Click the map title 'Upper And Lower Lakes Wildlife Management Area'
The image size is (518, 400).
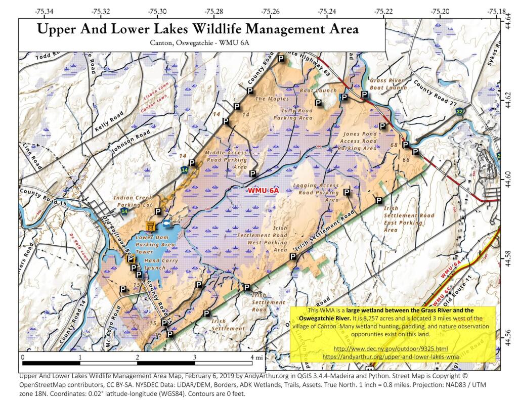198,29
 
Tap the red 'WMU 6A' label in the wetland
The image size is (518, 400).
263,191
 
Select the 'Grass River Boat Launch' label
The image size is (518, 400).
388,84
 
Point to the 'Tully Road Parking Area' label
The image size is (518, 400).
293,114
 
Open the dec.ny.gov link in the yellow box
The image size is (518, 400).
391,349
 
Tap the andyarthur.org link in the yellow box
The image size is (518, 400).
391,356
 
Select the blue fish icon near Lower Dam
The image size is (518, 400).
165,224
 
